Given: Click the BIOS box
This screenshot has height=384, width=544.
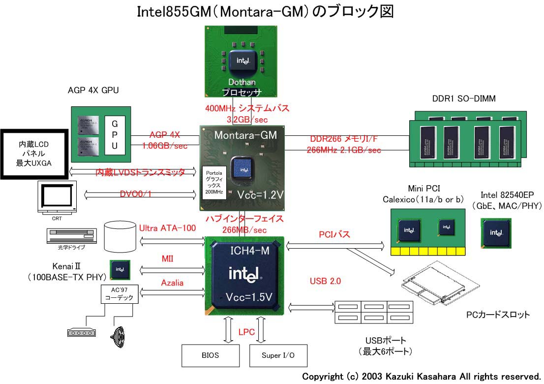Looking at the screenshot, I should tap(210, 355).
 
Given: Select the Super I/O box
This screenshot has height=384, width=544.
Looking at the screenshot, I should tap(278, 355).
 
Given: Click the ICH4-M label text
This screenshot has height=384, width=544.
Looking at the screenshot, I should tap(250, 251).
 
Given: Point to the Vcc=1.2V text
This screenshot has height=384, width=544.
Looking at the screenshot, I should tap(259, 194).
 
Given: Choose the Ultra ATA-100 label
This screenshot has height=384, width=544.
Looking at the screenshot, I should tap(167, 228).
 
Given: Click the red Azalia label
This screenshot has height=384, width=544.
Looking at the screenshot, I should tap(172, 283).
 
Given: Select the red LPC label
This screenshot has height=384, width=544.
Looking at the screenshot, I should tap(246, 332).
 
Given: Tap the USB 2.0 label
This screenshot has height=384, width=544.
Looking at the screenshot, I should tap(325, 281).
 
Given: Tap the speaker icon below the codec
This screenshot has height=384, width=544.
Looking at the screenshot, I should tap(119, 335).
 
